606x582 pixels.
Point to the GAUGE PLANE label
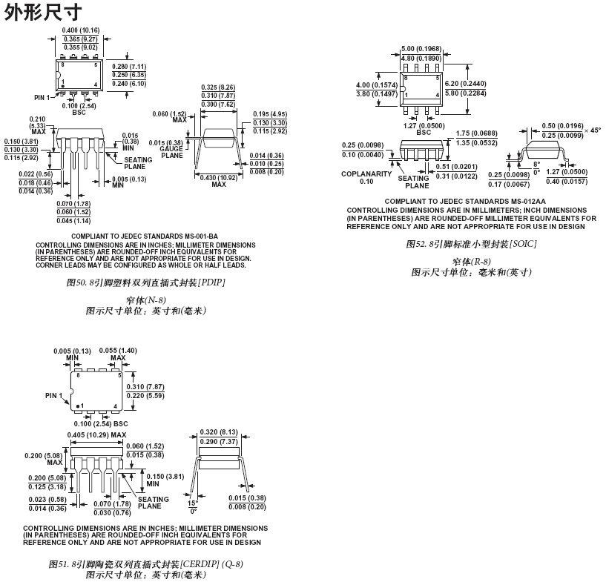171,152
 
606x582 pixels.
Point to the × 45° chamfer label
590,130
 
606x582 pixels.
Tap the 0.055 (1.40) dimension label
119,350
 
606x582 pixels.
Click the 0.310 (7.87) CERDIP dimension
145,387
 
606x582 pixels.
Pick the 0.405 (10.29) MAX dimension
96,435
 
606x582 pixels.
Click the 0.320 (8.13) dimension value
219,432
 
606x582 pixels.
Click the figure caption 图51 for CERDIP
145,563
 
